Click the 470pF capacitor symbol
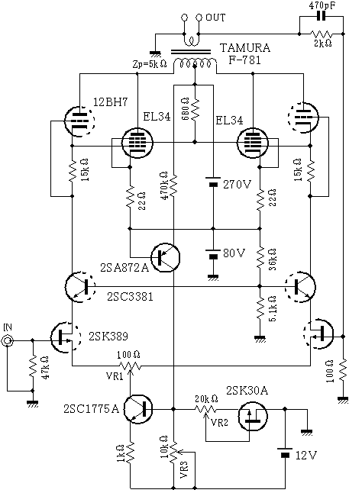click(321, 16)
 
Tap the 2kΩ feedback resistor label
click(323, 43)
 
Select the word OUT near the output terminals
click(215, 18)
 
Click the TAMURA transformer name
click(244, 48)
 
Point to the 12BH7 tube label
click(111, 101)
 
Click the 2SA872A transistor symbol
click(166, 257)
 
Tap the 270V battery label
click(238, 185)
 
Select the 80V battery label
click(234, 253)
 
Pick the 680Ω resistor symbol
click(195, 109)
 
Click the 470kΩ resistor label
click(164, 185)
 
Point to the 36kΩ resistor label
click(273, 259)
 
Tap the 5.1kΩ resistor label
click(273, 308)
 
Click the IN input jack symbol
click(7, 340)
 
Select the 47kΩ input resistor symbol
click(33, 366)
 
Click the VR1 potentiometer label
click(115, 376)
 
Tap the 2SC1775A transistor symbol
click(138, 409)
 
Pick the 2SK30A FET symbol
click(253, 416)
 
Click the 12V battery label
click(306, 455)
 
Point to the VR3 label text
click(184, 470)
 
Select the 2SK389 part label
click(108, 336)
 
